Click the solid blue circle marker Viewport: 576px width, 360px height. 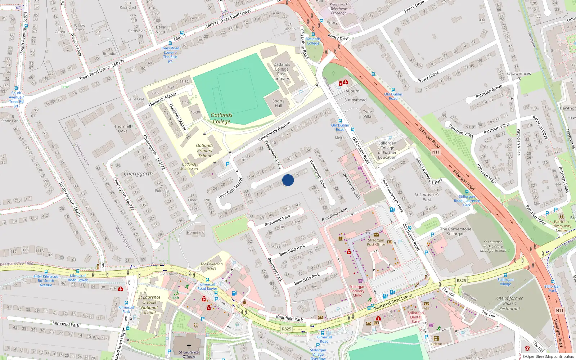click(288, 180)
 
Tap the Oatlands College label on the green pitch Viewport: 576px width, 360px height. click(221, 118)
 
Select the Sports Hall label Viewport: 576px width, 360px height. click(278, 103)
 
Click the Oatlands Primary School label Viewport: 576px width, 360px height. click(204, 151)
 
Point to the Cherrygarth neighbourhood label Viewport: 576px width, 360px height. click(138, 174)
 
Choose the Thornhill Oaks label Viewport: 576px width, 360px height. click(123, 129)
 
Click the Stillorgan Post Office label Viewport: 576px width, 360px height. click(376, 242)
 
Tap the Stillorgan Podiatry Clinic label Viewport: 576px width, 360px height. click(357, 291)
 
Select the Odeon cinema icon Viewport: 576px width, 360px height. click(436, 339)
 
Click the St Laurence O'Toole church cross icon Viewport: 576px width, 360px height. click(189, 346)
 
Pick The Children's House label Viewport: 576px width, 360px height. click(212, 266)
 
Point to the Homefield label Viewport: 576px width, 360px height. click(195, 233)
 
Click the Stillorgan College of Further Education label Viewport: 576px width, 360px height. click(387, 150)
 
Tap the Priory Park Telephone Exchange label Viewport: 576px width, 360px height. click(339, 9)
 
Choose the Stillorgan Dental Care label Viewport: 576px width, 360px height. click(416, 317)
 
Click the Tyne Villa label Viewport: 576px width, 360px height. click(367, 114)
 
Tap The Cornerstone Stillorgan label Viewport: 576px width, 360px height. click(455, 231)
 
